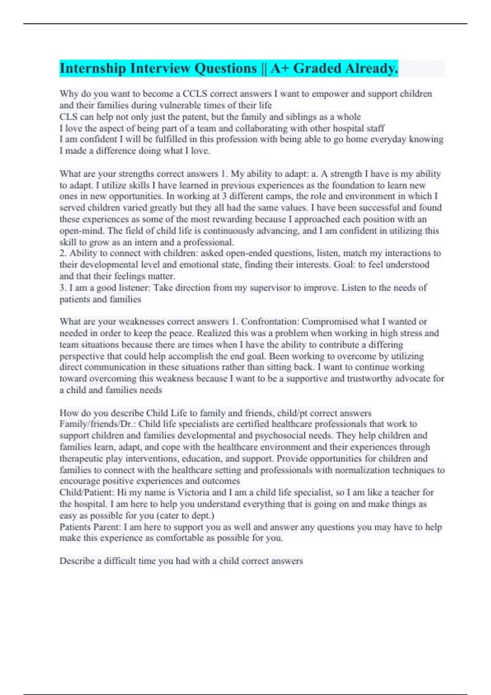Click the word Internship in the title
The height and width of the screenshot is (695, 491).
point(92,68)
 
